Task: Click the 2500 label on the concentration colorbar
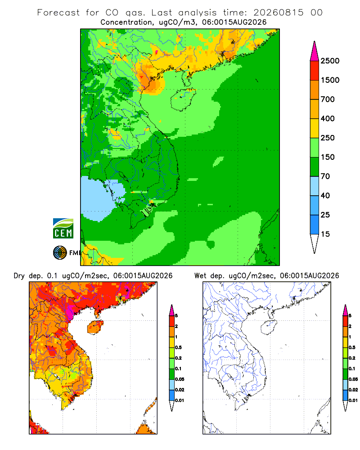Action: [330, 61]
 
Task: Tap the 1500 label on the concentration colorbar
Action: [330, 80]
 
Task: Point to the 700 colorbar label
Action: [328, 99]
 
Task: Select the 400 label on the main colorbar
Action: [328, 118]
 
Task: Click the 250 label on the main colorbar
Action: [328, 138]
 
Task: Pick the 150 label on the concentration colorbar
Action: [328, 157]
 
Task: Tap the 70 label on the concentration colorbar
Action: [325, 176]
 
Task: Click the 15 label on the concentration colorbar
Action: [325, 234]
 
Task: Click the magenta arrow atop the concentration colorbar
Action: [315, 52]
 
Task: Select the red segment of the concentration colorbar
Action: [315, 71]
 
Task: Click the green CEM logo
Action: [63, 229]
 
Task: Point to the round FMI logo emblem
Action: [60, 253]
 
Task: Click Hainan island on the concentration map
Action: [183, 99]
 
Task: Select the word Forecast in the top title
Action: [58, 13]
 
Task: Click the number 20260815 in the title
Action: [279, 13]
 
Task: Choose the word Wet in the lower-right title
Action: [200, 276]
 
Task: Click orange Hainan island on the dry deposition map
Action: [95, 328]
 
